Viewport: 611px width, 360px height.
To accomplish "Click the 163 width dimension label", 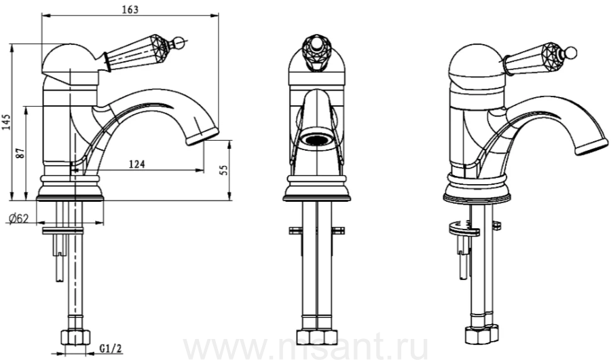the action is coord(130,9).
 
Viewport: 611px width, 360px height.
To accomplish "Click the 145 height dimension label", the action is coord(6,122).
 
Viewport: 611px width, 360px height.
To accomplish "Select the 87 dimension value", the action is coord(20,152).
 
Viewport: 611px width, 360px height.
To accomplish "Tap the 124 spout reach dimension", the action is coord(136,164).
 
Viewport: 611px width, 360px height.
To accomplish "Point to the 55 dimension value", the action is coord(223,170).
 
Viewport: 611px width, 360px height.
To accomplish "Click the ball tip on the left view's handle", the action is coord(178,41).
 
